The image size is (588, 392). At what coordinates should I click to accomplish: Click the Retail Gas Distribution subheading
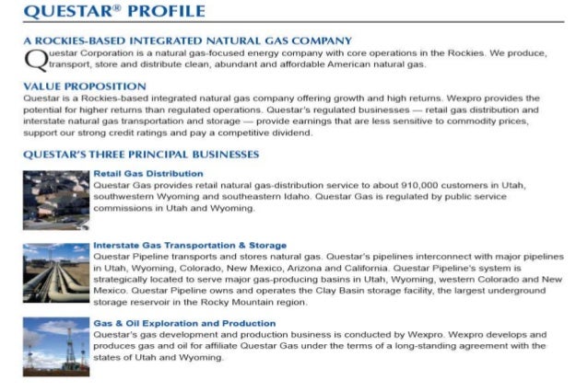(x=148, y=173)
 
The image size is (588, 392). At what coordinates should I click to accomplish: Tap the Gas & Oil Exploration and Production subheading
(x=184, y=323)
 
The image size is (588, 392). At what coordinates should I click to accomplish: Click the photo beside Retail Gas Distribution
(x=55, y=200)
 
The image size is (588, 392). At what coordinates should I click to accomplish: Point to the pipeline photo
(x=55, y=273)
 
